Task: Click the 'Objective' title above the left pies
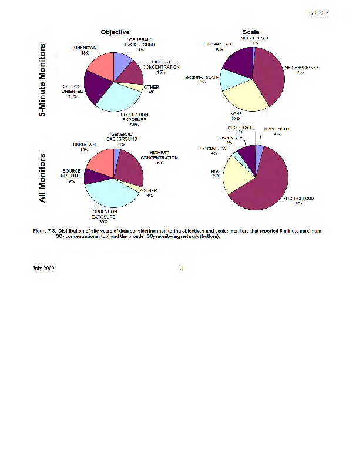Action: pos(115,32)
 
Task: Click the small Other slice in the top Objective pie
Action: pos(136,88)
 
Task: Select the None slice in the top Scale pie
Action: pos(244,97)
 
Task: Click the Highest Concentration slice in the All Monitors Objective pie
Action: pos(130,168)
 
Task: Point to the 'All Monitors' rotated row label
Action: pos(42,179)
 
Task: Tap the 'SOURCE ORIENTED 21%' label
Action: pos(72,91)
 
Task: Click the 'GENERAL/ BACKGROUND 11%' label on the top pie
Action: pos(140,44)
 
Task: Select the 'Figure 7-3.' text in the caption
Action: pos(47,231)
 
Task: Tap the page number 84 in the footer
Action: pos(181,268)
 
